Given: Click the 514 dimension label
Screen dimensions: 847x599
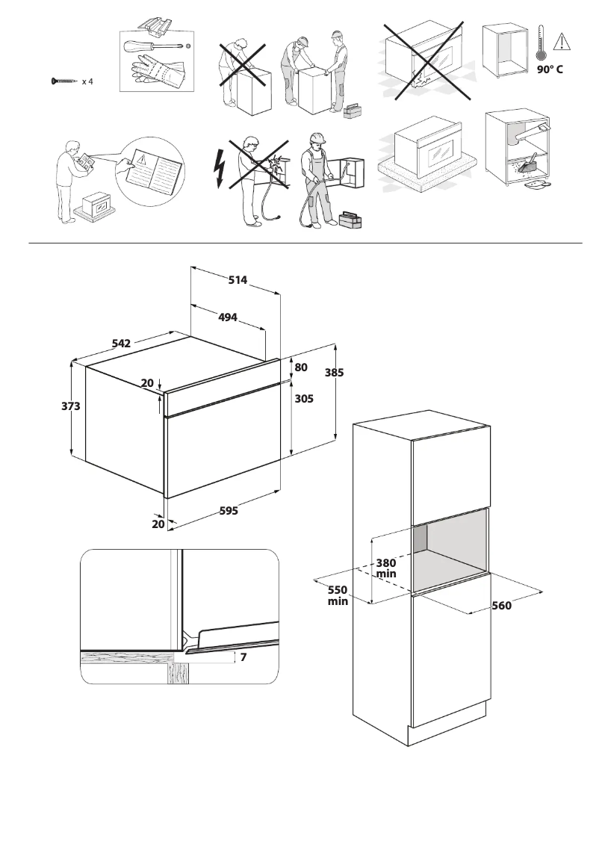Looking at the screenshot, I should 238,280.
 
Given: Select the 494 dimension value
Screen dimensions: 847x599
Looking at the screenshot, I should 227,317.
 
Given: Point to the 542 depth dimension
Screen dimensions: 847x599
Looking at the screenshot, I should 121,344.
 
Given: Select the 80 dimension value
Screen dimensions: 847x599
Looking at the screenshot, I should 301,367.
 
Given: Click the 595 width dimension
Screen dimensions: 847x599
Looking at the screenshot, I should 228,511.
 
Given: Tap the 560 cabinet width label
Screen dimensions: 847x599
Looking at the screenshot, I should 501,606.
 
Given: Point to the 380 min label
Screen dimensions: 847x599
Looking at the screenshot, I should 385,568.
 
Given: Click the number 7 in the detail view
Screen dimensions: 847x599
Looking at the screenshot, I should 243,657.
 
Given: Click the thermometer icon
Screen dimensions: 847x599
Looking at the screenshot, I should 540,43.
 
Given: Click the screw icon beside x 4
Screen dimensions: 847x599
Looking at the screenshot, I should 63,81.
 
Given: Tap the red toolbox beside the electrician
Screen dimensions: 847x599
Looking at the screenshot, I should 350,221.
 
